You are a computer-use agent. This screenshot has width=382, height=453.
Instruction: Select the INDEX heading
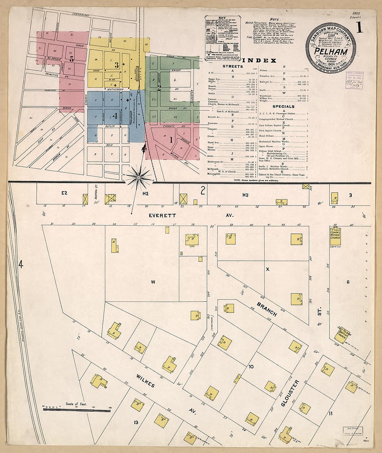(x=259, y=60)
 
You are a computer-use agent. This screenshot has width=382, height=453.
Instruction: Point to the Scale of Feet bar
(x=76, y=410)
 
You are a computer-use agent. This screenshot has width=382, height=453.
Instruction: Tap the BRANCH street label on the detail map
(x=267, y=309)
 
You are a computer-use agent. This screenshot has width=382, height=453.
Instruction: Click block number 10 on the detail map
(x=251, y=366)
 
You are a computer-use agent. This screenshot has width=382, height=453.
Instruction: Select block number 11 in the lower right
(x=330, y=413)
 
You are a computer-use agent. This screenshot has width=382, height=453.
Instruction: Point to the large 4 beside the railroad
(x=20, y=265)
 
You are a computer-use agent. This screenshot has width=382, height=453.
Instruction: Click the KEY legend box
(x=222, y=37)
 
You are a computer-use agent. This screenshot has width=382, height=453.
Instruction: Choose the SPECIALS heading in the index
(x=283, y=106)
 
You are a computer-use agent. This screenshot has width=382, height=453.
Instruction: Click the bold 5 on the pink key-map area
(x=72, y=59)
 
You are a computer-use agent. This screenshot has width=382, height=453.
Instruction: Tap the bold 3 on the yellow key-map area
(x=117, y=65)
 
